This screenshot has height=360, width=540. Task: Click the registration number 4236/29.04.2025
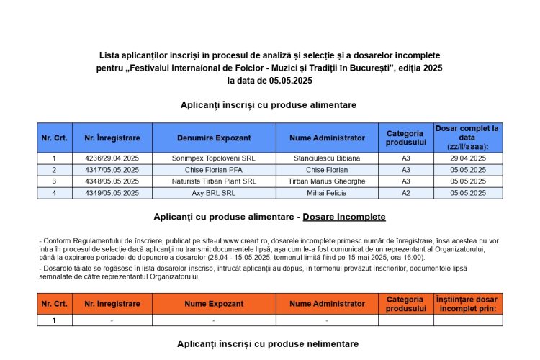112,158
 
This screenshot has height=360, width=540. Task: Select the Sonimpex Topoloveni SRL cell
213,158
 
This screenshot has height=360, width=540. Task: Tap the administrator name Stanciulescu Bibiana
326,158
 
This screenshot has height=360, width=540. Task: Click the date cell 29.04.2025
468,158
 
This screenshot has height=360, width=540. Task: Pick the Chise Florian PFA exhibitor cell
213,170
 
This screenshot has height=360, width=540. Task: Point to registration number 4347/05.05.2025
112,170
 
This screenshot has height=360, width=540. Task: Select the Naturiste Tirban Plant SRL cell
213,181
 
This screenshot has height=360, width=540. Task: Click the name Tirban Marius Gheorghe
326,181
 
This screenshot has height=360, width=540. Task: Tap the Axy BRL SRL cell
213,193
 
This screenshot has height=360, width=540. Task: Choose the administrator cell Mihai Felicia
326,193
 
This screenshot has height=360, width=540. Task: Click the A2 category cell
405,193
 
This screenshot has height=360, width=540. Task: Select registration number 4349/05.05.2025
112,193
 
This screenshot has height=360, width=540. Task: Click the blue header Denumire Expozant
213,138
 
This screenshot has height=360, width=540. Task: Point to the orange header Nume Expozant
213,304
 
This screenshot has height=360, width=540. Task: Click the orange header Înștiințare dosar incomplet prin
468,304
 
